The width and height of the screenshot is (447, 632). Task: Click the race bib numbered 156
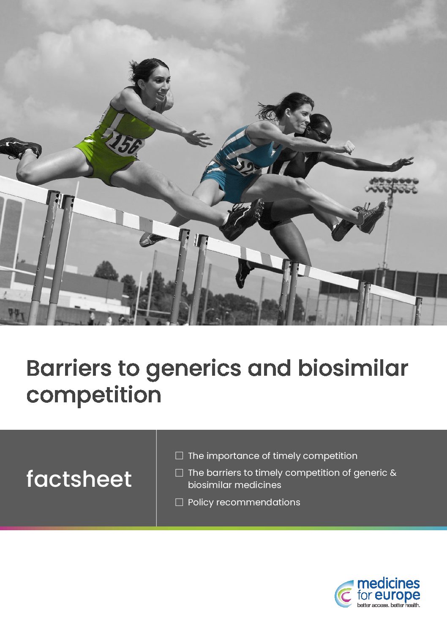pyautogui.click(x=125, y=144)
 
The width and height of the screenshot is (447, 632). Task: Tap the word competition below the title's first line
pyautogui.click(x=94, y=396)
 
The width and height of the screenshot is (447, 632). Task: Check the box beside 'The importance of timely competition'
pyautogui.click(x=179, y=456)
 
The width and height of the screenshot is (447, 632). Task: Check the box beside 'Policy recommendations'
pyautogui.click(x=179, y=502)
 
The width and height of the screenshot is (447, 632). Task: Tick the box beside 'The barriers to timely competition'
pyautogui.click(x=179, y=472)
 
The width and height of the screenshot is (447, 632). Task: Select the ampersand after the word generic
pyautogui.click(x=393, y=472)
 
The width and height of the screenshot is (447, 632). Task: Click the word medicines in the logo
pyautogui.click(x=389, y=584)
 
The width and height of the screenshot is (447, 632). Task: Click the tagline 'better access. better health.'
pyautogui.click(x=389, y=605)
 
